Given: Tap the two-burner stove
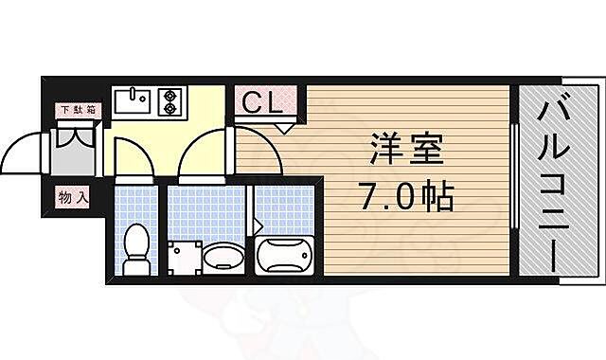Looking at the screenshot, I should (x=170, y=100).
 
